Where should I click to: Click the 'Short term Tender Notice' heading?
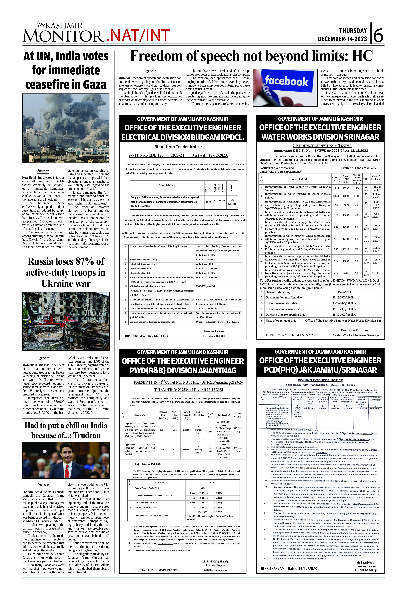[x=178, y=147]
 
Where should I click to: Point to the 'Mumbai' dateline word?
[x=124, y=78]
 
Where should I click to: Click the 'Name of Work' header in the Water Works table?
[x=298, y=179]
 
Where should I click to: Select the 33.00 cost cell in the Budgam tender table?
[x=208, y=202]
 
